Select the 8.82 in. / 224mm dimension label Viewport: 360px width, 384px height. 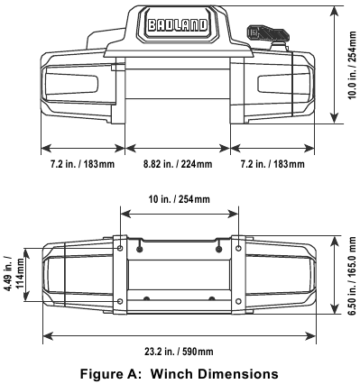click(178, 165)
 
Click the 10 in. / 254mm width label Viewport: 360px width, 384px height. click(180, 198)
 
